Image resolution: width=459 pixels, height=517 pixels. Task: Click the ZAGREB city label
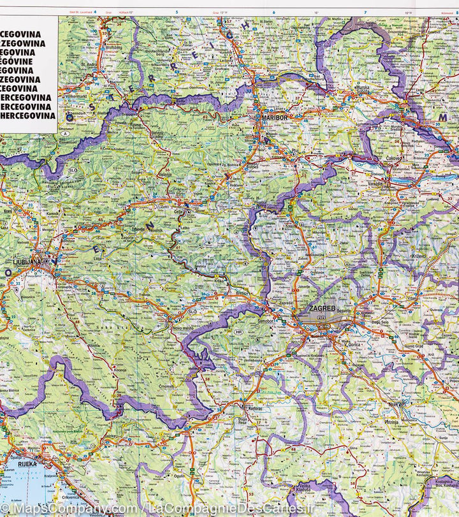[319, 309]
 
